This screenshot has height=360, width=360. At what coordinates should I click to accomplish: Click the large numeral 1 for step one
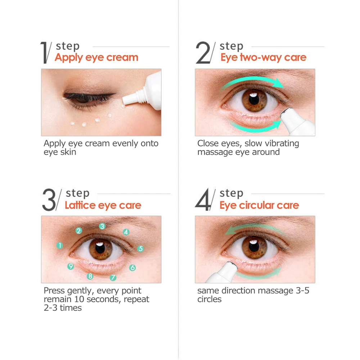44,53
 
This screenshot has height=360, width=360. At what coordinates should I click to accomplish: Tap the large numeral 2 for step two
203,53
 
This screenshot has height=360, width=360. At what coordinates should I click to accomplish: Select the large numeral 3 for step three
49,199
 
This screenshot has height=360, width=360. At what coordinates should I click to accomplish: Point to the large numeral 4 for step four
202,199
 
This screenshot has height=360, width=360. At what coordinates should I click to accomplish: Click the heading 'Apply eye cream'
96,57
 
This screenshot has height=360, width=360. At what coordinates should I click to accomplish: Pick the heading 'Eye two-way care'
264,57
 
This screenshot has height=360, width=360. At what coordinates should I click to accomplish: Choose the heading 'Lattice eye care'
103,205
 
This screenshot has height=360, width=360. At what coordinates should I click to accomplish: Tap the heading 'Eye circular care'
259,205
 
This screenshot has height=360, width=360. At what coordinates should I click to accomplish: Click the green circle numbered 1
60,246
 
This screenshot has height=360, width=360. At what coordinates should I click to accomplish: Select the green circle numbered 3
102,226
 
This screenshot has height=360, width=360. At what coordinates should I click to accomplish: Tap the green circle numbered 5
141,248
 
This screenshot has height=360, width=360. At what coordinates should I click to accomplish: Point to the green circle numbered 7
113,278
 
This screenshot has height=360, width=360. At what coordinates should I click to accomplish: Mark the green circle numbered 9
71,266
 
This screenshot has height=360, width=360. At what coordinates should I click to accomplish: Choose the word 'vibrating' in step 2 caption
282,144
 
